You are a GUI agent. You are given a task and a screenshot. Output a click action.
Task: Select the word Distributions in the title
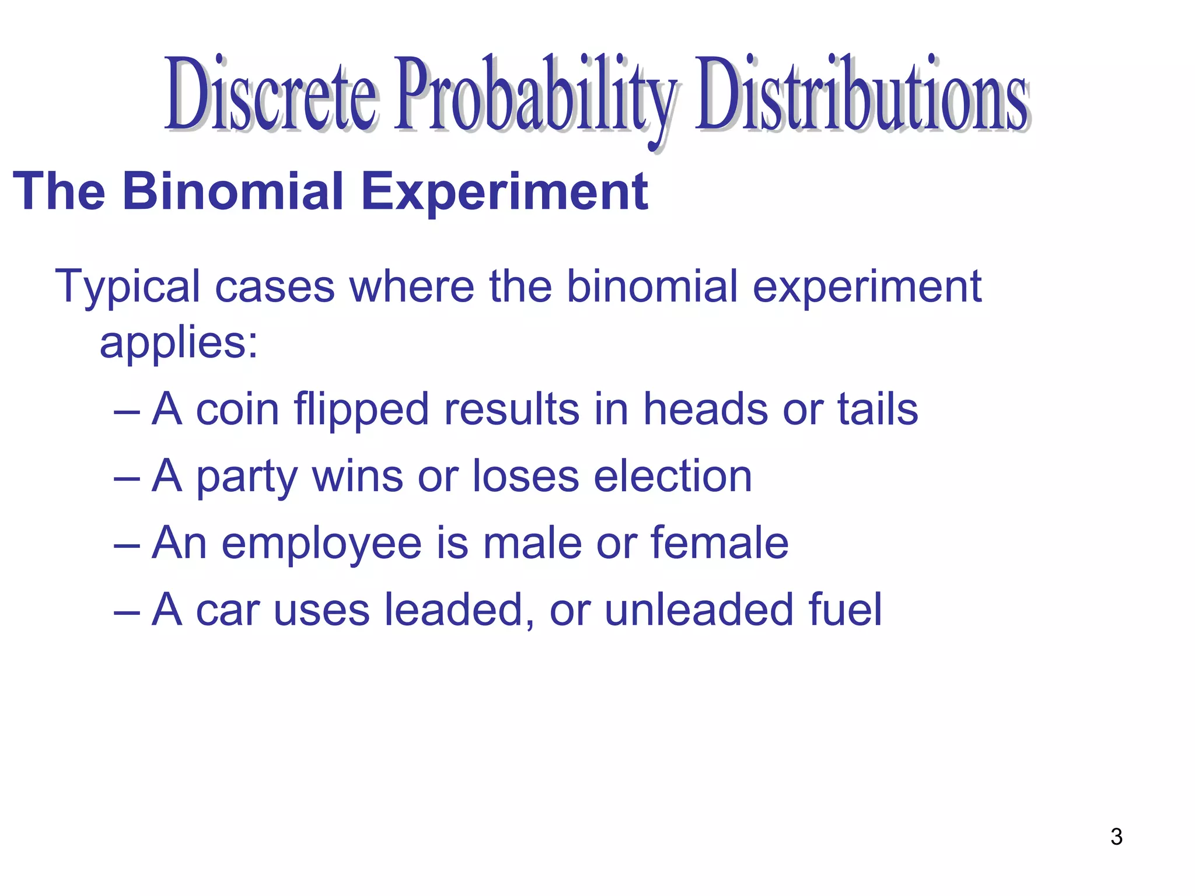coord(861,93)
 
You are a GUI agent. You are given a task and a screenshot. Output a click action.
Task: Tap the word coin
coord(237,409)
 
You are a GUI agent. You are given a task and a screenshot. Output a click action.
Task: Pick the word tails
coord(878,409)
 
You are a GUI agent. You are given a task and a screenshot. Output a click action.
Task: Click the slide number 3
coord(1116,836)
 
